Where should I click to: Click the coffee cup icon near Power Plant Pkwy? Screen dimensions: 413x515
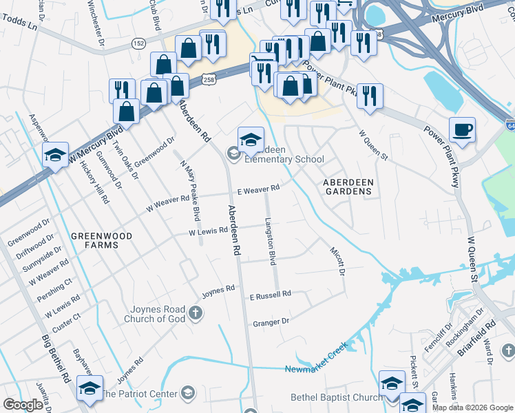[x=463, y=129]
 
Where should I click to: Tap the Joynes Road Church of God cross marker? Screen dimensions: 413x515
[x=196, y=314]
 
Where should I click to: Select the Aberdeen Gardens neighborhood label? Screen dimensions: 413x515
[x=348, y=186]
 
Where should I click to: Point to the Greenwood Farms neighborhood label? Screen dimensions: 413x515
[x=101, y=241]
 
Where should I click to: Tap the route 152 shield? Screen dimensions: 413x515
[x=139, y=43]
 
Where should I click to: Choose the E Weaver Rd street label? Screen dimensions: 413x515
[x=258, y=189]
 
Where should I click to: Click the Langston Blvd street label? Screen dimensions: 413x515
[x=271, y=242]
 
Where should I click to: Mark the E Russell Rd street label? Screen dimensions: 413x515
[x=270, y=294]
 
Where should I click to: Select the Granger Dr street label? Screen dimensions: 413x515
[x=271, y=322]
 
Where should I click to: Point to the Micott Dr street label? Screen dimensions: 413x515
[x=337, y=260]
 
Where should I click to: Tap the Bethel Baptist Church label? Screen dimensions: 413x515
[x=336, y=397]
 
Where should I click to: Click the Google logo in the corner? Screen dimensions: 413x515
[x=23, y=405]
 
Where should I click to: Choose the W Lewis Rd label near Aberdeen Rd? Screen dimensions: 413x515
[x=208, y=233]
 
